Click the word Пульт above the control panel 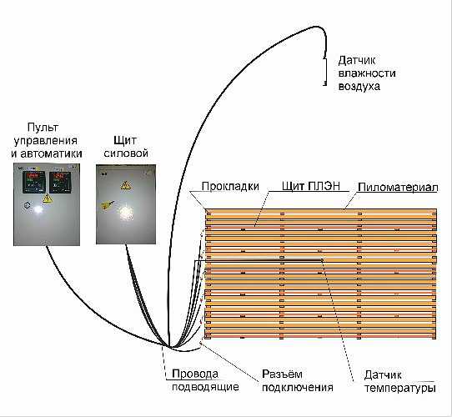tap(43, 128)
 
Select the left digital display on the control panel tap(34, 182)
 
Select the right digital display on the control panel tap(60, 183)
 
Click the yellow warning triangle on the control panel tap(47, 198)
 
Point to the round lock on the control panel tap(27, 205)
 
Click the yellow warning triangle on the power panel tap(126, 185)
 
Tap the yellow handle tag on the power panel tap(108, 204)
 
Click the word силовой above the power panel tap(126, 153)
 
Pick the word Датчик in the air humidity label tap(357, 61)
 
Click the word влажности tap(367, 73)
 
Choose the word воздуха tap(359, 86)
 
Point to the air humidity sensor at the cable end tap(325, 71)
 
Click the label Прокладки tap(230, 186)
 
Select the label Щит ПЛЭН tap(311, 186)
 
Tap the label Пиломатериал tap(398, 188)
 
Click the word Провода tap(195, 374)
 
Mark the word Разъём tap(282, 374)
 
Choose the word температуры tap(399, 388)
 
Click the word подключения tap(298, 387)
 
